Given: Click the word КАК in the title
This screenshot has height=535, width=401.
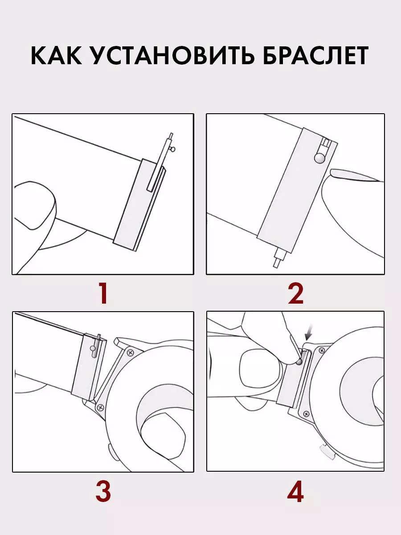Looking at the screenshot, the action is click(x=56, y=56).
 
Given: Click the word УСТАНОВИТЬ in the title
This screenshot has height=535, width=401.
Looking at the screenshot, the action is click(x=174, y=56).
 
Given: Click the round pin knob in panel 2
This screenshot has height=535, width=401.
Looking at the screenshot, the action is click(x=319, y=158).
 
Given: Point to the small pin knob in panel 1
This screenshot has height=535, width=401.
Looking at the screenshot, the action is click(x=173, y=149).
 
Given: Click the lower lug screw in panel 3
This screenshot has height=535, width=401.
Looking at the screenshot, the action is click(x=100, y=407).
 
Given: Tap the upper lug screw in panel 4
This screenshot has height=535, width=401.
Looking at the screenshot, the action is click(x=322, y=350).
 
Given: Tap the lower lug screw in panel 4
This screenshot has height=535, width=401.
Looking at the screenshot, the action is click(x=307, y=414).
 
